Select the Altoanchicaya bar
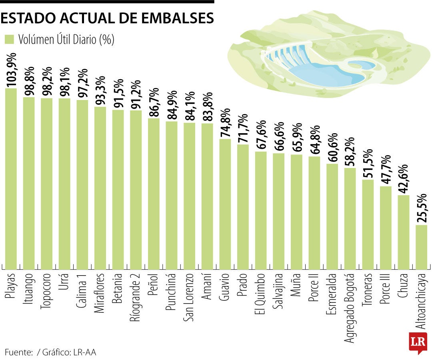(422, 247)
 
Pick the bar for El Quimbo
(261, 210)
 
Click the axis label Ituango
(29, 288)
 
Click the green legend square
(9, 40)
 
